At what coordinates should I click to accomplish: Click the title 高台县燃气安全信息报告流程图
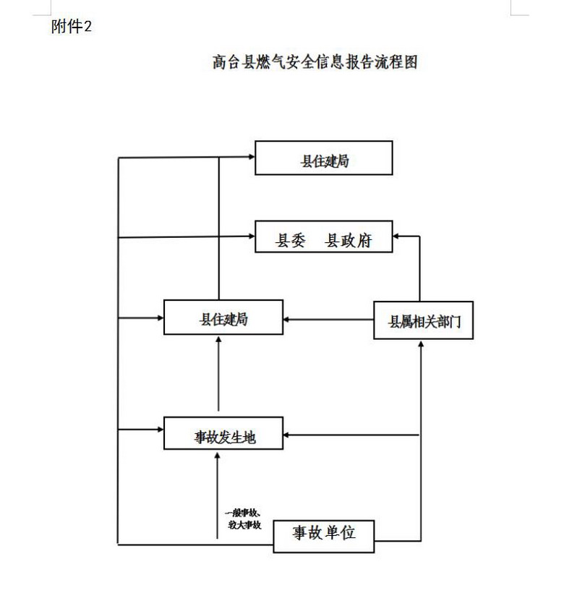(x=315, y=62)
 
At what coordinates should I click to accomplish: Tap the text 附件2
(x=72, y=27)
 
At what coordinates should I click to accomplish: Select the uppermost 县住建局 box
(x=323, y=158)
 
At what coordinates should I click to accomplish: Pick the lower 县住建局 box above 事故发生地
(x=223, y=317)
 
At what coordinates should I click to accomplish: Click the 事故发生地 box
(x=223, y=433)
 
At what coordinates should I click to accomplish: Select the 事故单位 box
(x=323, y=534)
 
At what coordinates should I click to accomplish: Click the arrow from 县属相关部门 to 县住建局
(x=329, y=318)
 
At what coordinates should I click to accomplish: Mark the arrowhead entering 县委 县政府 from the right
(x=398, y=236)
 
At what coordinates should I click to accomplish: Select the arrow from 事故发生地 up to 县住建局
(x=218, y=376)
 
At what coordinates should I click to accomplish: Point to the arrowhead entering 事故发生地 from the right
(x=288, y=435)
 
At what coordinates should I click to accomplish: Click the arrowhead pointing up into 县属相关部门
(x=420, y=345)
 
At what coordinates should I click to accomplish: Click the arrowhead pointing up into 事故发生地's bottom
(x=218, y=454)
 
